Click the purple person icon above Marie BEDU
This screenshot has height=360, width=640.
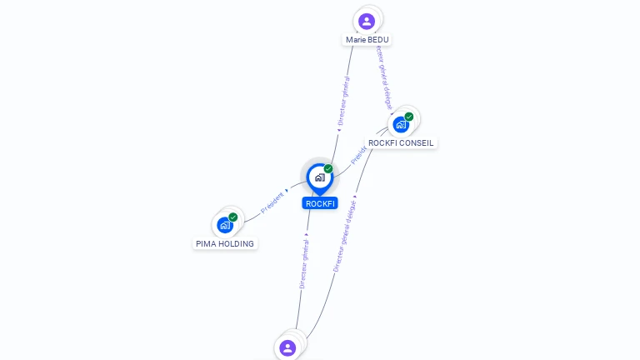[367, 21]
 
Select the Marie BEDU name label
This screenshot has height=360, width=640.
[367, 39]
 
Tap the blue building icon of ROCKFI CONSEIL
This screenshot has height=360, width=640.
[401, 125]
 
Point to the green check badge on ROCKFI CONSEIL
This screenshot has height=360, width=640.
[409, 117]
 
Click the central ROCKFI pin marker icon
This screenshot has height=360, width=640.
[319, 177]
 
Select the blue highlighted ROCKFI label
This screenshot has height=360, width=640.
[320, 203]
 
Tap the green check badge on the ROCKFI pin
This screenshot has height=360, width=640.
[328, 168]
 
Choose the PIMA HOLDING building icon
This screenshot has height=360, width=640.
[225, 225]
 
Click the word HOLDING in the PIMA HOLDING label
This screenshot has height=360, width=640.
[237, 243]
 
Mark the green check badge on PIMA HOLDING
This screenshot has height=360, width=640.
[233, 217]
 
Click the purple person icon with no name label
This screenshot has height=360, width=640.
[287, 347]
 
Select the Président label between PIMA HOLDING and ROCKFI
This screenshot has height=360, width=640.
[274, 202]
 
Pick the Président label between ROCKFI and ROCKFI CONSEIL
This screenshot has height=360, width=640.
[359, 154]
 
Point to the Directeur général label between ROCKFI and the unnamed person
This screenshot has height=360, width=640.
[304, 262]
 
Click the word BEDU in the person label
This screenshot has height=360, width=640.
[378, 39]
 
